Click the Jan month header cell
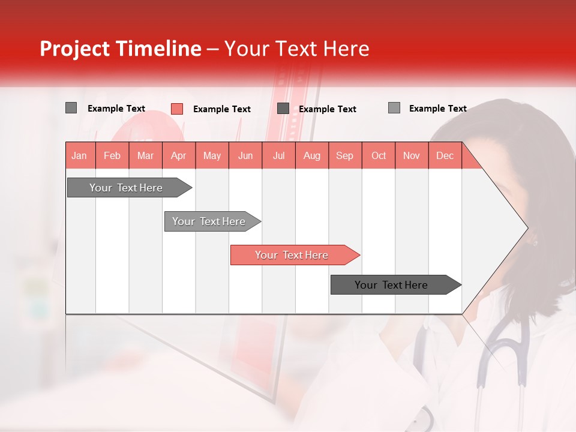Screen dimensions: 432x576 80,155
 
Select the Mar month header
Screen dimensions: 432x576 145,155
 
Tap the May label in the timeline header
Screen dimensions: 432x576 212,155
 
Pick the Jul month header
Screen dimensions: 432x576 278,155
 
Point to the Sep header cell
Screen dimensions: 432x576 344,155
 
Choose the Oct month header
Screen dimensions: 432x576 379,155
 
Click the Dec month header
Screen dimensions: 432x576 445,155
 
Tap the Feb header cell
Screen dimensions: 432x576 112,155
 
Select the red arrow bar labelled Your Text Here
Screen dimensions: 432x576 292,255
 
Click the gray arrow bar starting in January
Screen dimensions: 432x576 127,188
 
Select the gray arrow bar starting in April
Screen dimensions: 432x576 209,221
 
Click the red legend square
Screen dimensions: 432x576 177,109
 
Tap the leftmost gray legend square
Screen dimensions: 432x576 71,108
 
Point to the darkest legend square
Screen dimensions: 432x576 283,108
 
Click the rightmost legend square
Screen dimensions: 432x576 394,108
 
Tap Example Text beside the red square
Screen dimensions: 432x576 221,109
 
